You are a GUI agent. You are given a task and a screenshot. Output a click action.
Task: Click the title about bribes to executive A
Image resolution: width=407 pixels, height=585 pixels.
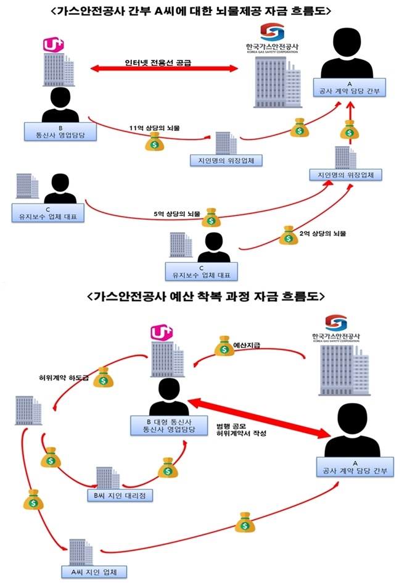(x=203, y=10)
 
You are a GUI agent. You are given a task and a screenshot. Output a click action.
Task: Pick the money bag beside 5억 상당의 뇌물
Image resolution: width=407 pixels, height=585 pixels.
(x=213, y=217)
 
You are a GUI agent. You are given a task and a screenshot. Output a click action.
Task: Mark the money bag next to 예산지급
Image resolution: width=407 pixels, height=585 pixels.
(x=223, y=347)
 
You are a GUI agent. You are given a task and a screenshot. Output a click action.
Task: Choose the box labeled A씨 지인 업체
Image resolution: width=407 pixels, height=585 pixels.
(x=94, y=571)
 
